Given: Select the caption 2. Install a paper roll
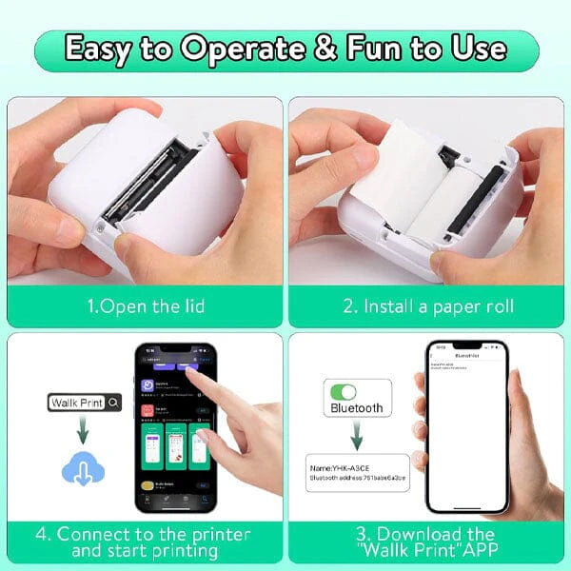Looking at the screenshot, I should point(427,305).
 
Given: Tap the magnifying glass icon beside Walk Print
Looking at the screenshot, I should point(114,403).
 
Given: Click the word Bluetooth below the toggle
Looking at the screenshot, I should point(356,408).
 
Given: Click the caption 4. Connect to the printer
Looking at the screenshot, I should point(143,535).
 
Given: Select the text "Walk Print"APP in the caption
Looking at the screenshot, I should point(428,551).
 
